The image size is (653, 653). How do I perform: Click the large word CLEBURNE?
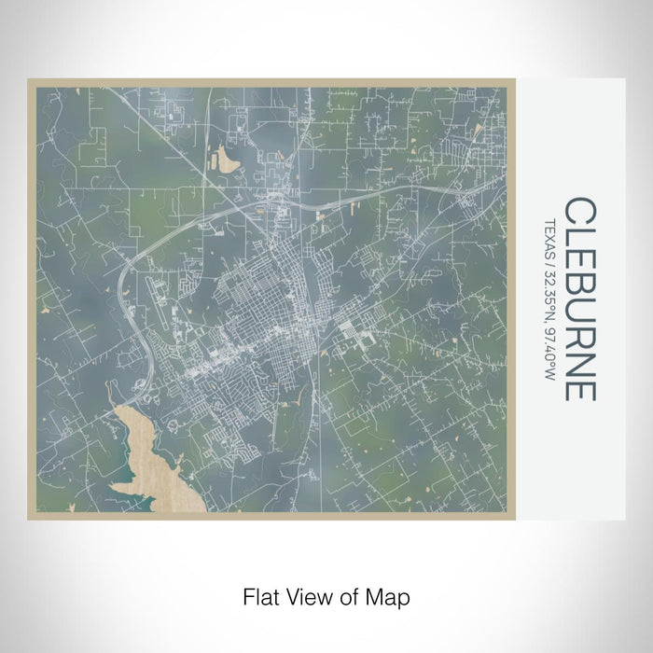[578, 299]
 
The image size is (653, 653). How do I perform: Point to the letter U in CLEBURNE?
[578, 307]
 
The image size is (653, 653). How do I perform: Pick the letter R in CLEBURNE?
[578, 333]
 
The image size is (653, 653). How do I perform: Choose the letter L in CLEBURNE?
[578, 233]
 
